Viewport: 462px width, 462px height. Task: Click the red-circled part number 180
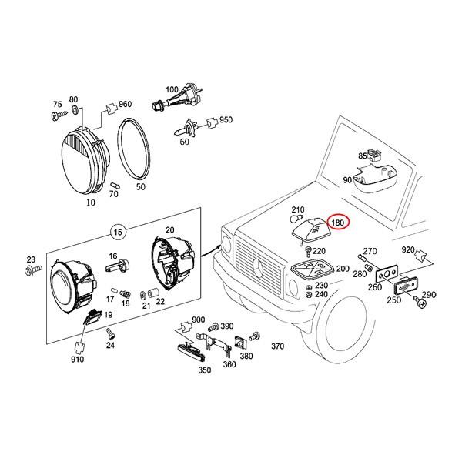click(338, 223)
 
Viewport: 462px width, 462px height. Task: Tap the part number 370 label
click(278, 346)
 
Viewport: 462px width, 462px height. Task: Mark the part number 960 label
click(125, 104)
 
